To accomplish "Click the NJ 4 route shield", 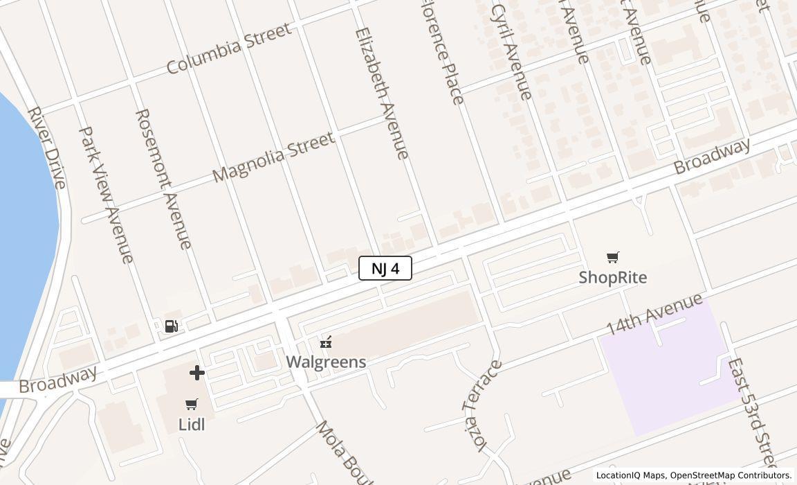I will pyautogui.click(x=385, y=268).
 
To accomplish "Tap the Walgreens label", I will pyautogui.click(x=326, y=362).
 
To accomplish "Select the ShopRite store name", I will pyautogui.click(x=613, y=278).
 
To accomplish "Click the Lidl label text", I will pyautogui.click(x=192, y=424).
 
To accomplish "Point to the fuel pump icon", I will pyautogui.click(x=172, y=326).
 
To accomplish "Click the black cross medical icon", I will pyautogui.click(x=197, y=373).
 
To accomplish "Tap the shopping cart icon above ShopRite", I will pyautogui.click(x=612, y=258).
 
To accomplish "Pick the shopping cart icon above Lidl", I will pyautogui.click(x=192, y=404).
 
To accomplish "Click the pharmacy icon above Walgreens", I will pyautogui.click(x=326, y=342).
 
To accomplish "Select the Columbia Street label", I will pyautogui.click(x=228, y=48).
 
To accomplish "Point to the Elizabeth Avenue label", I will pyautogui.click(x=382, y=93).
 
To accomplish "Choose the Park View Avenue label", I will pyautogui.click(x=107, y=194).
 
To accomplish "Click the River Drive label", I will pyautogui.click(x=47, y=148).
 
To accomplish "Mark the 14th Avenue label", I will pyautogui.click(x=654, y=314).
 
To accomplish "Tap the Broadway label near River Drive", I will pyautogui.click(x=58, y=380).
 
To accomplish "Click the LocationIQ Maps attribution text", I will pyautogui.click(x=693, y=475).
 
